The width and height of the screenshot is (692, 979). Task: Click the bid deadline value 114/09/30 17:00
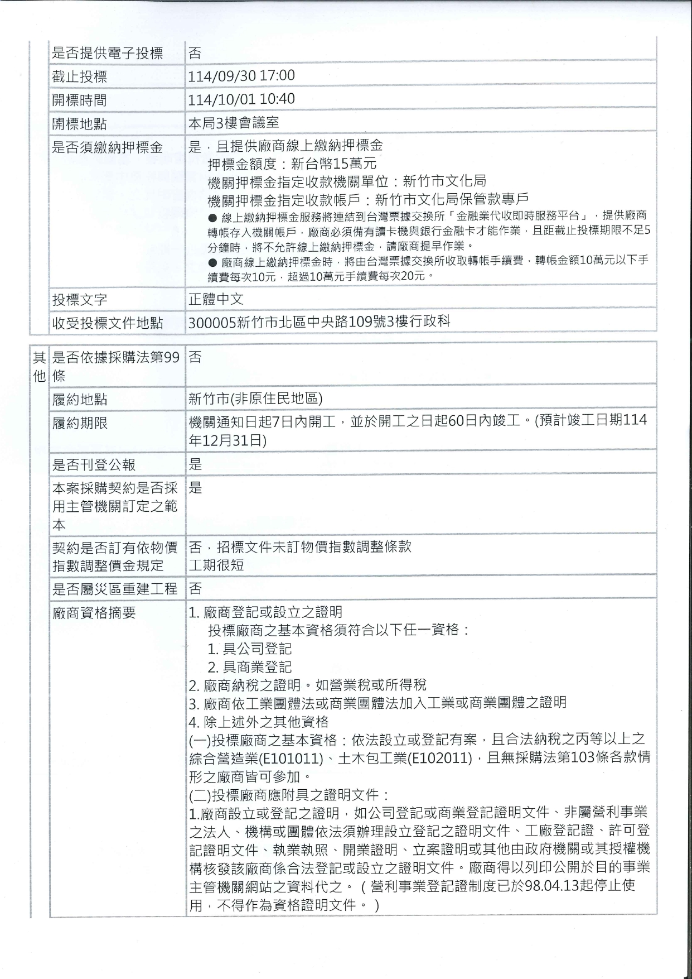click(x=241, y=76)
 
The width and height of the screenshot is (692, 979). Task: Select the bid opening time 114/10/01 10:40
click(x=241, y=99)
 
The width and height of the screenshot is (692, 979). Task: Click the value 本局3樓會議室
click(x=234, y=123)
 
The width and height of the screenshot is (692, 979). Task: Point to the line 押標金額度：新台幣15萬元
click(x=292, y=164)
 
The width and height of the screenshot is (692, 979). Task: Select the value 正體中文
click(x=216, y=299)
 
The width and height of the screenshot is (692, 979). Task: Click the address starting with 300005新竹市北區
click(x=320, y=322)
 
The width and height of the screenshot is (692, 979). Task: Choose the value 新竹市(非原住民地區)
click(x=255, y=399)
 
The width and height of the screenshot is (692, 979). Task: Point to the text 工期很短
click(x=216, y=565)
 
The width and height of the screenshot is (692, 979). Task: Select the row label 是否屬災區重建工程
click(x=114, y=589)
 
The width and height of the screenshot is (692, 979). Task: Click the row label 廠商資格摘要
click(x=94, y=613)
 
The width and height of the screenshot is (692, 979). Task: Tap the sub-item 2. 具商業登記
click(x=250, y=667)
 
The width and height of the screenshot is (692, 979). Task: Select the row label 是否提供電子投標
click(x=107, y=54)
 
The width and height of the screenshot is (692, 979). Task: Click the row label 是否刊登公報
click(x=94, y=464)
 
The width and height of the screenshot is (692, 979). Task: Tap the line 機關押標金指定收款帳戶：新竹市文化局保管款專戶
click(x=367, y=199)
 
